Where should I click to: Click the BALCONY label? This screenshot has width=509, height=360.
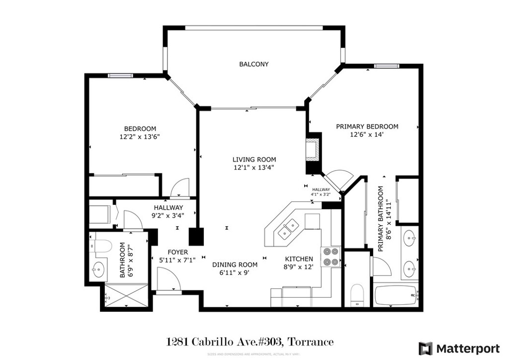pos(254,64)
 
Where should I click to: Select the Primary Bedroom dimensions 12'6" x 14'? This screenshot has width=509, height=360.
pos(367,134)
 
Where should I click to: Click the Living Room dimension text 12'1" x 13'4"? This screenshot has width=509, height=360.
pos(254,168)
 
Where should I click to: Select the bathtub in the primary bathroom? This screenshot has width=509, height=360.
pos(395,296)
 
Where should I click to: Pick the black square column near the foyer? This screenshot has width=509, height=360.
pos(197,236)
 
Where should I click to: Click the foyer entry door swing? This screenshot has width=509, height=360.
pos(168,278)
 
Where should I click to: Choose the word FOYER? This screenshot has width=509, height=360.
pos(177,252)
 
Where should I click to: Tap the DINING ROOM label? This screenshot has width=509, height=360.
pos(235,265)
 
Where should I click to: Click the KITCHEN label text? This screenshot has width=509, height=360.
pos(299,259)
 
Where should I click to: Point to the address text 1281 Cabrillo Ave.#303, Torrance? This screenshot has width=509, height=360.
pos(249,342)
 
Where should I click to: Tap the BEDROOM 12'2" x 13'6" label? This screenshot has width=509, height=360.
pos(140,132)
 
